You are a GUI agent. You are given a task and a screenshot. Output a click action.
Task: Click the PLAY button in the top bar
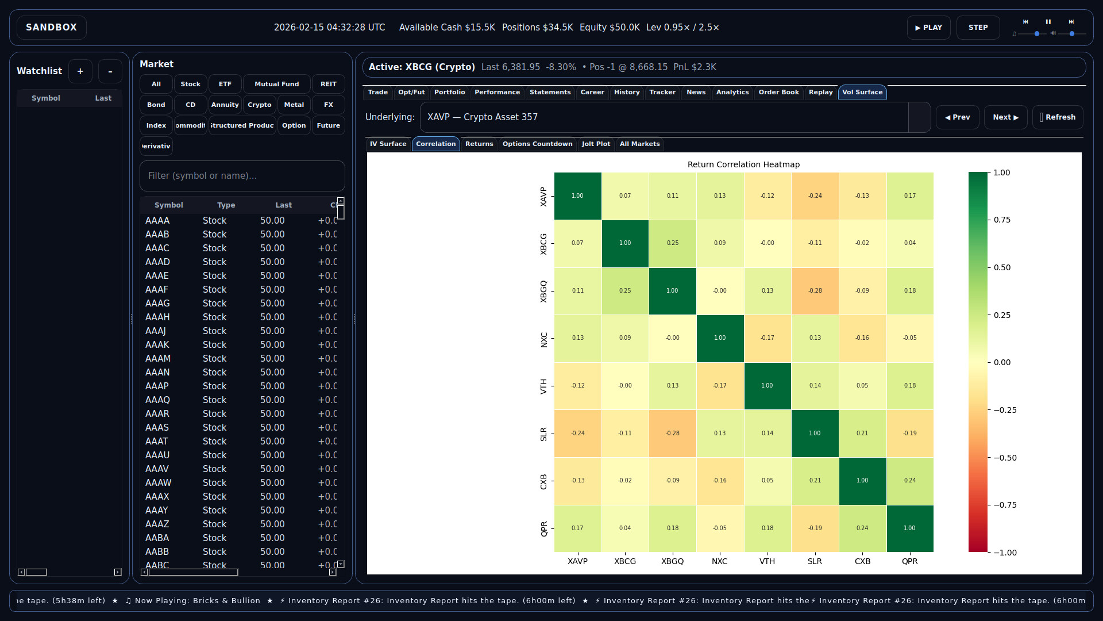pyautogui.click(x=928, y=28)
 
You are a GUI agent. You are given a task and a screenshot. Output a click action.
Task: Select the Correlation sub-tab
pyautogui.click(x=435, y=144)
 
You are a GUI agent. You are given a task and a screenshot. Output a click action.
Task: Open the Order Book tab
pyautogui.click(x=778, y=92)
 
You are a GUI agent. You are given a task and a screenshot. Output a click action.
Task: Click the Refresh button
pyautogui.click(x=1058, y=117)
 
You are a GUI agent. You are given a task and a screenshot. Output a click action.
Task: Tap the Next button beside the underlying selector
pyautogui.click(x=1005, y=117)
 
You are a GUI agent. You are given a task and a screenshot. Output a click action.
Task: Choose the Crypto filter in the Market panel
pyautogui.click(x=259, y=105)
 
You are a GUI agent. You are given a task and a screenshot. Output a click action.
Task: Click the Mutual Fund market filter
pyautogui.click(x=276, y=84)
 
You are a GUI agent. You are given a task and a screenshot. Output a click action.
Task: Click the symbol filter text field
pyautogui.click(x=242, y=176)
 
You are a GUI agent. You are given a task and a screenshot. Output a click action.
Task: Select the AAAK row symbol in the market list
pyautogui.click(x=157, y=345)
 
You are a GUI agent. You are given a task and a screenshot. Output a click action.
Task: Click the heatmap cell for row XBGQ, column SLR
pyautogui.click(x=815, y=291)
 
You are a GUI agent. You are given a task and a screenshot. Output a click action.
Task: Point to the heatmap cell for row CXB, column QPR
pyautogui.click(x=909, y=481)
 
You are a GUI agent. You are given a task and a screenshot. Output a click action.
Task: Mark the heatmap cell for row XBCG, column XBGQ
pyautogui.click(x=672, y=243)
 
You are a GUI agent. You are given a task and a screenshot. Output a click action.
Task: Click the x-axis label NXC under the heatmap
pyautogui.click(x=719, y=562)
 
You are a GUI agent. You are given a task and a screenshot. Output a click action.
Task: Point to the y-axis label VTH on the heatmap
pyautogui.click(x=543, y=386)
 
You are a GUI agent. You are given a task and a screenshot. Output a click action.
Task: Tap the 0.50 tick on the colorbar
pyautogui.click(x=1002, y=268)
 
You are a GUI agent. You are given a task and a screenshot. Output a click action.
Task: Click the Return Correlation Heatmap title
pyautogui.click(x=743, y=164)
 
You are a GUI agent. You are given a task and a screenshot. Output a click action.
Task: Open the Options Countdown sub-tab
pyautogui.click(x=537, y=144)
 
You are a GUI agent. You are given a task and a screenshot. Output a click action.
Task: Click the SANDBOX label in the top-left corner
pyautogui.click(x=51, y=28)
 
